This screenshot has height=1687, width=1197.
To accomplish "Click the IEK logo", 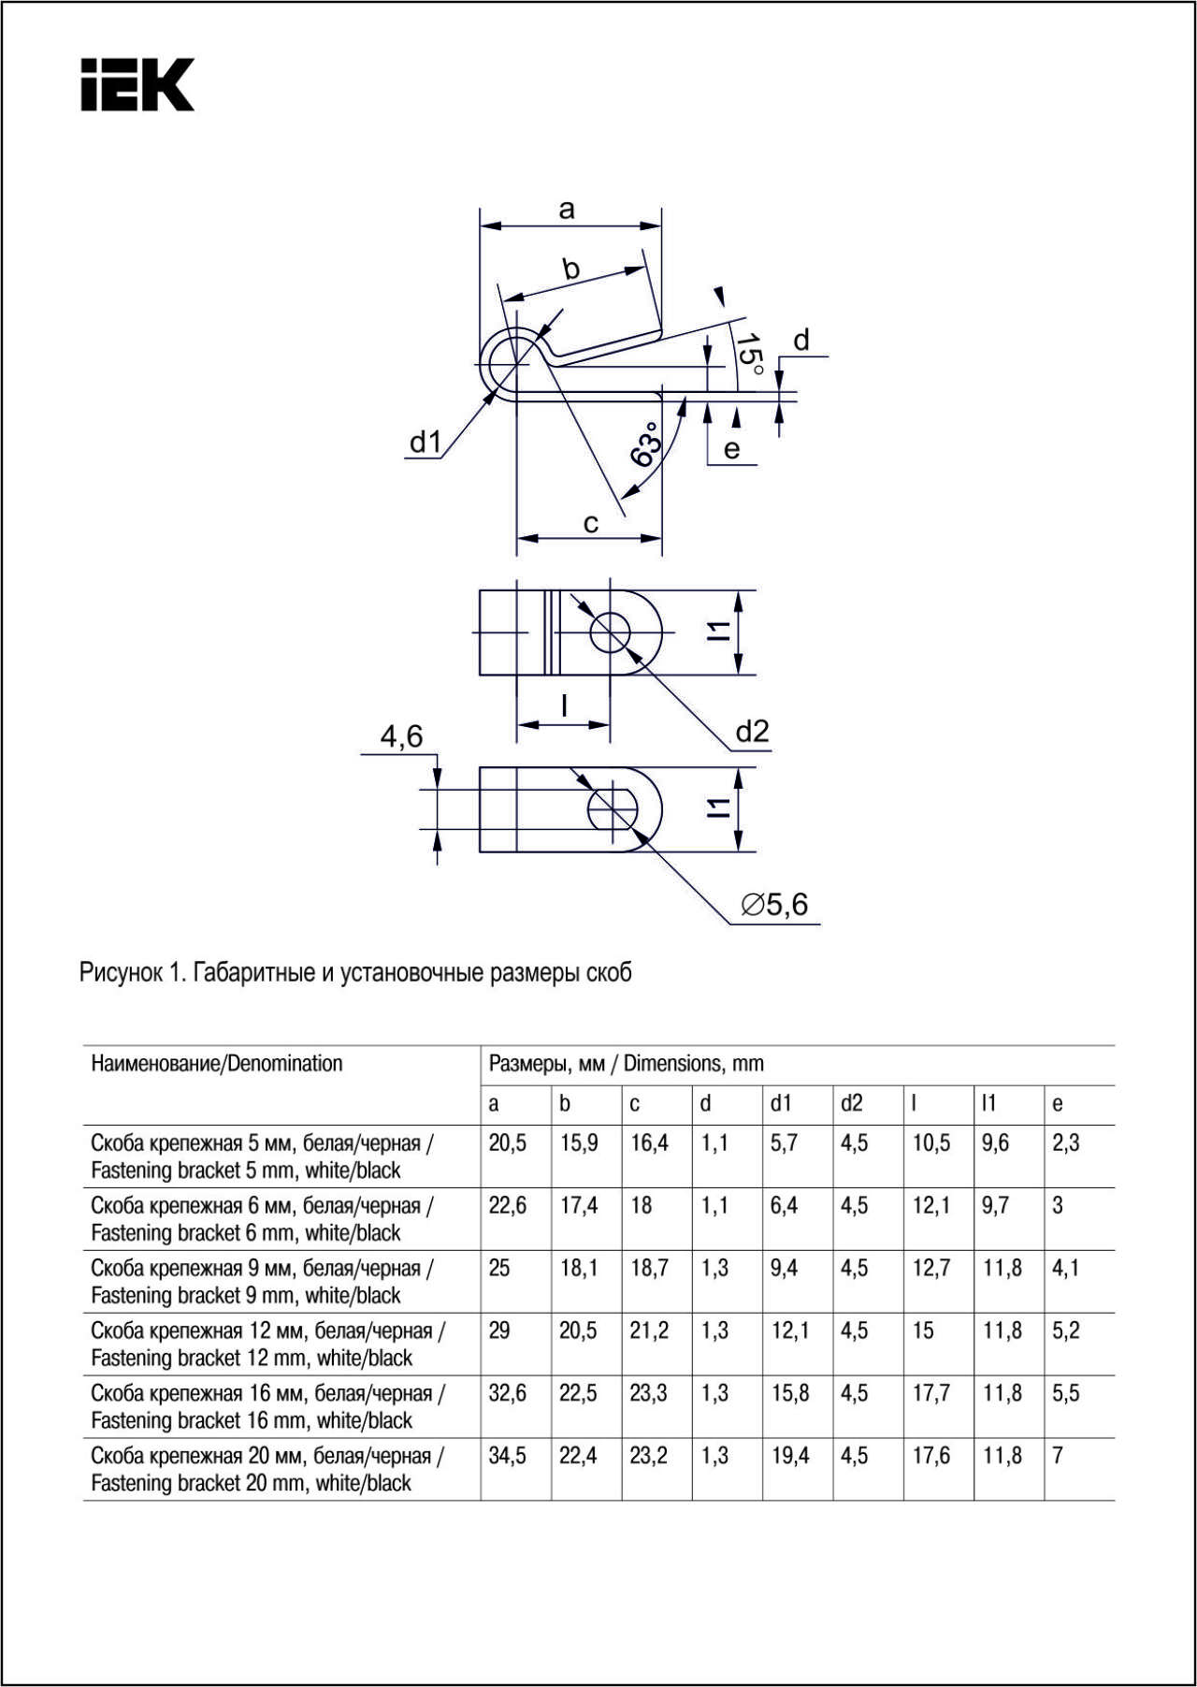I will [137, 85].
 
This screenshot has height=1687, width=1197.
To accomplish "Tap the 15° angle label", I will [749, 354].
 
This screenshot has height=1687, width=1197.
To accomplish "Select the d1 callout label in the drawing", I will [425, 442].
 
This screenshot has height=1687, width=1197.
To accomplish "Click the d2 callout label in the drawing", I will [752, 732].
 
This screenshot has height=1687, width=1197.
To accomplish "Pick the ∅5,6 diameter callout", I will [774, 905].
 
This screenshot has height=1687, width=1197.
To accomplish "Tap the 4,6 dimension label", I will [401, 737].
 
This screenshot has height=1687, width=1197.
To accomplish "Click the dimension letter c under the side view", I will [590, 523].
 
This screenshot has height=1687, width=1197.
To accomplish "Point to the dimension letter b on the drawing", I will [570, 269].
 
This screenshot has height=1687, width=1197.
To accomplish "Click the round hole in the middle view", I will [611, 633].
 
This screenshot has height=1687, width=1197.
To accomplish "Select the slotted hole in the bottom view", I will [613, 808].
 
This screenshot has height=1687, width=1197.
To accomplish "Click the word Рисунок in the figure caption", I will [121, 973].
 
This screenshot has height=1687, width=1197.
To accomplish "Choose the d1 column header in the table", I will [781, 1104].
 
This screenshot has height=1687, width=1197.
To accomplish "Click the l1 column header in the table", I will [988, 1104].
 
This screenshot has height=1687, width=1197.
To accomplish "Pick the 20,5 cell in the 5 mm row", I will [508, 1143].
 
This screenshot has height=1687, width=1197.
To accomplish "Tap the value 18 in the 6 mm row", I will [641, 1206].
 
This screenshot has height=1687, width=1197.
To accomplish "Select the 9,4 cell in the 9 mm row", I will [784, 1269].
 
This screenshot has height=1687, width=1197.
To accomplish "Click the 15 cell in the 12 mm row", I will [923, 1331].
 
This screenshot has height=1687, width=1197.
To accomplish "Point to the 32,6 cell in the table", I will [508, 1393].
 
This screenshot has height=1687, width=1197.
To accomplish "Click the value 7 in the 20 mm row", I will [1058, 1456].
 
